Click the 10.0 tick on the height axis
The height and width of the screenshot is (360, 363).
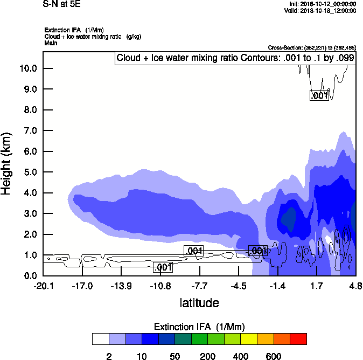pos(29,68)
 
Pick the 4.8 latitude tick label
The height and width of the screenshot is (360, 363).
pos(355,286)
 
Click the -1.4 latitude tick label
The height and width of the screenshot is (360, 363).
pos(278,286)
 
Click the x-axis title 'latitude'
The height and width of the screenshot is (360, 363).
pos(199,303)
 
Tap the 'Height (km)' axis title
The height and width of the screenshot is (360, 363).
pos(7,163)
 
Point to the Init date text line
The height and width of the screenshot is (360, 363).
pos(322,4)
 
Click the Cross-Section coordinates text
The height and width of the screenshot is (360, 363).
pos(312,48)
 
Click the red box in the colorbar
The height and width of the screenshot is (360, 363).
pos(298,338)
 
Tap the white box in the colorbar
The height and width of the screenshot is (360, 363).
pos(100,338)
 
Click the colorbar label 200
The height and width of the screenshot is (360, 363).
pos(207,356)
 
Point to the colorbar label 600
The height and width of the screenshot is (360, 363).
pos(274,356)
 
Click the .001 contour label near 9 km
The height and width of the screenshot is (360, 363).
pos(319,95)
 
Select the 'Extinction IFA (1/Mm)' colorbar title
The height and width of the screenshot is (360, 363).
pos(199,327)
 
